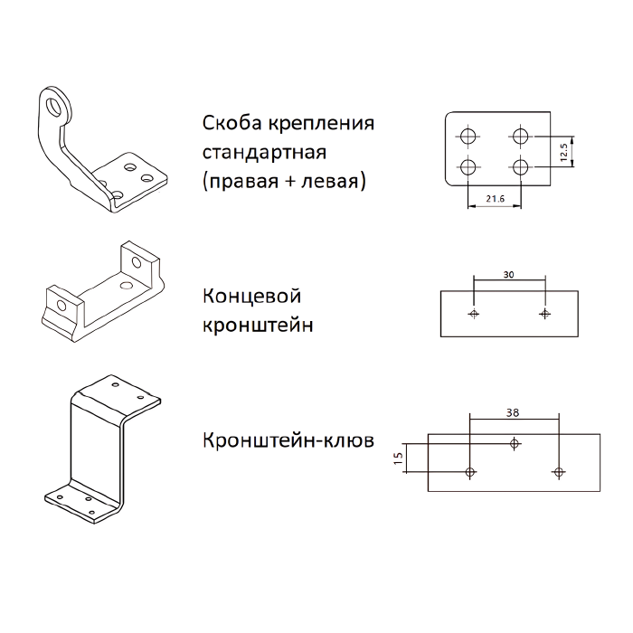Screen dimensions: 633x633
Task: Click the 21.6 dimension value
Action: (x=496, y=199)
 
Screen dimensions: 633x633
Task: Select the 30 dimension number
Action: (x=508, y=275)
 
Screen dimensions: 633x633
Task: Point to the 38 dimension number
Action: (x=513, y=413)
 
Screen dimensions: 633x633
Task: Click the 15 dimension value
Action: (x=398, y=458)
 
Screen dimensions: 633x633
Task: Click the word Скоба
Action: (x=232, y=123)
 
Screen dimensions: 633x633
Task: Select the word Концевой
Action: (x=252, y=297)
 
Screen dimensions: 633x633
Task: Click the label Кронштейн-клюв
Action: (x=288, y=440)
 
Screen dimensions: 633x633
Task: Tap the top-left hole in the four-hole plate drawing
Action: (x=468, y=136)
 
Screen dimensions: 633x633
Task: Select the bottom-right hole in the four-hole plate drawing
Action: (x=520, y=166)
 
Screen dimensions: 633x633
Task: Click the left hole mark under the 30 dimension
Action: (x=474, y=313)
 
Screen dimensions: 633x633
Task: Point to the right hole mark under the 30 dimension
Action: (x=545, y=313)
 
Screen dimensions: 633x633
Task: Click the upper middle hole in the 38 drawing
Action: (x=515, y=444)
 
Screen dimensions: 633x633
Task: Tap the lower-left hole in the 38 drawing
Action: (x=470, y=471)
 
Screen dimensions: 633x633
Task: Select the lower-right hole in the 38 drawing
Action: (x=559, y=471)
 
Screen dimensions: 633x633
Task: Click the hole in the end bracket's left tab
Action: (x=61, y=306)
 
